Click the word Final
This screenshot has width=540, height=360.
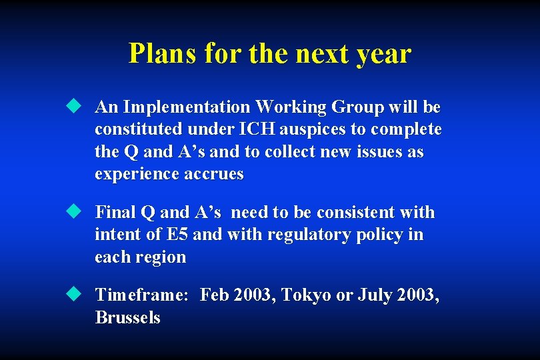pyautogui.click(x=115, y=213)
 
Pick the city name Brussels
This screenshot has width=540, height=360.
pyautogui.click(x=128, y=318)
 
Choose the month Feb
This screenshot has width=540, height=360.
pyautogui.click(x=214, y=295)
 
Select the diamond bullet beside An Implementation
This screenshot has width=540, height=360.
pyautogui.click(x=73, y=107)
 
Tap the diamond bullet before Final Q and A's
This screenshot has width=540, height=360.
pyautogui.click(x=73, y=212)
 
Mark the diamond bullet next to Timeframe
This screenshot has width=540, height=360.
pyautogui.click(x=73, y=295)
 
